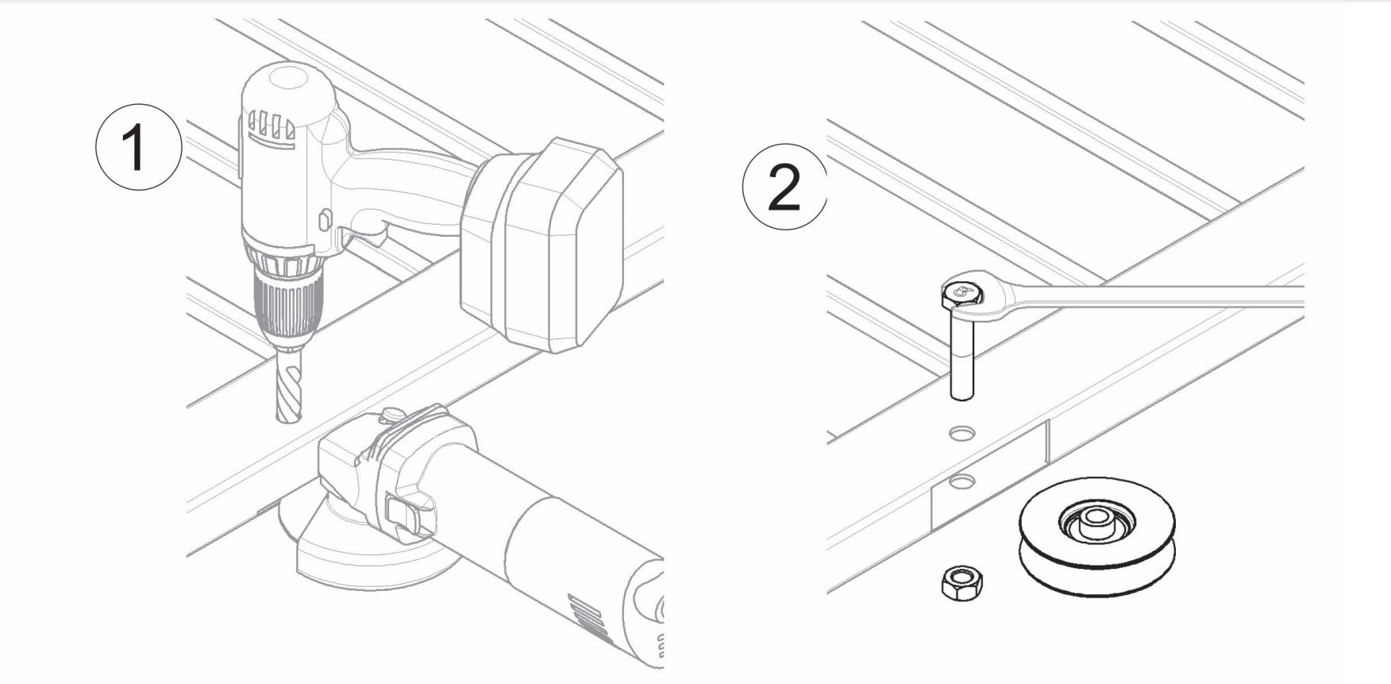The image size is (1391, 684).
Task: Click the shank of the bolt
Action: pyautogui.click(x=961, y=354)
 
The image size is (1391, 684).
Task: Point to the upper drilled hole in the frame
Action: pyautogui.click(x=961, y=433)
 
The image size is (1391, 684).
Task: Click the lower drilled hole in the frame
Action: pyautogui.click(x=963, y=481)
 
